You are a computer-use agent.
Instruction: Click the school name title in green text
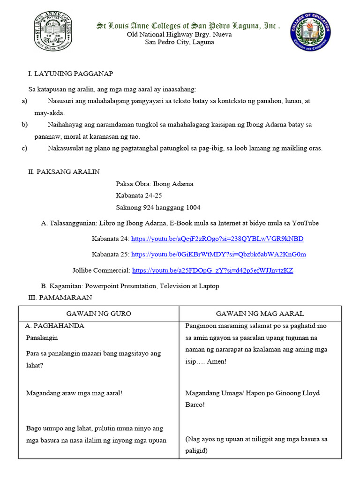[x=188, y=26]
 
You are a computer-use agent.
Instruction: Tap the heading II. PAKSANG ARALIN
[x=64, y=172]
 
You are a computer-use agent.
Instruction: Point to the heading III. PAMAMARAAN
[x=60, y=297]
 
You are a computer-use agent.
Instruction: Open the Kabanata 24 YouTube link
[x=217, y=239]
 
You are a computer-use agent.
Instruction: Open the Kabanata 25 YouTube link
[x=218, y=255]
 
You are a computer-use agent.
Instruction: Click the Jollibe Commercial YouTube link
[x=213, y=270]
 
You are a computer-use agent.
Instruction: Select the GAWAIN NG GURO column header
[x=99, y=313]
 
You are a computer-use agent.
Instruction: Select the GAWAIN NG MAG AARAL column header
[x=260, y=313]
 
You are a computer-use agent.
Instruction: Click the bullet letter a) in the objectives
[x=25, y=101]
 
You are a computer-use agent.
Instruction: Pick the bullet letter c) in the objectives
[x=25, y=148]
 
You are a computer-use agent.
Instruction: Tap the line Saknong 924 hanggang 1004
[x=158, y=207]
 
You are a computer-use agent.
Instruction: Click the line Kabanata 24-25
[x=139, y=195]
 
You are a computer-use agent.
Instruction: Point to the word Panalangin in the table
[x=42, y=337]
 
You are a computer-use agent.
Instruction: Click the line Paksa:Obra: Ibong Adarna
[x=154, y=184]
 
